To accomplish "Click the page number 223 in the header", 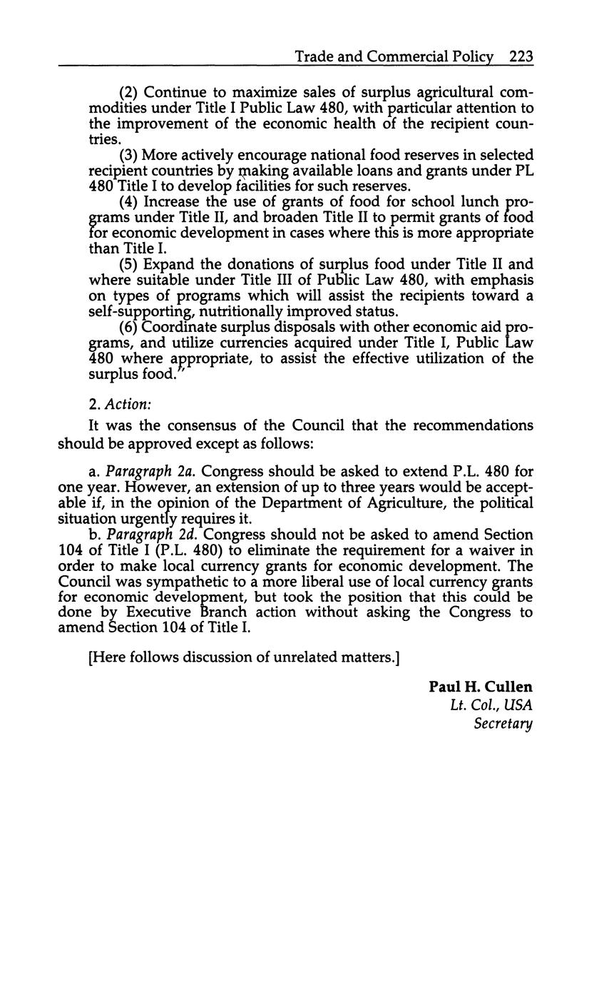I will click(521, 56).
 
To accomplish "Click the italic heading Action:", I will click(128, 405).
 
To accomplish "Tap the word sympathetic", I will click(193, 581).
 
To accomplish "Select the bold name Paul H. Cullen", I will click(480, 687).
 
